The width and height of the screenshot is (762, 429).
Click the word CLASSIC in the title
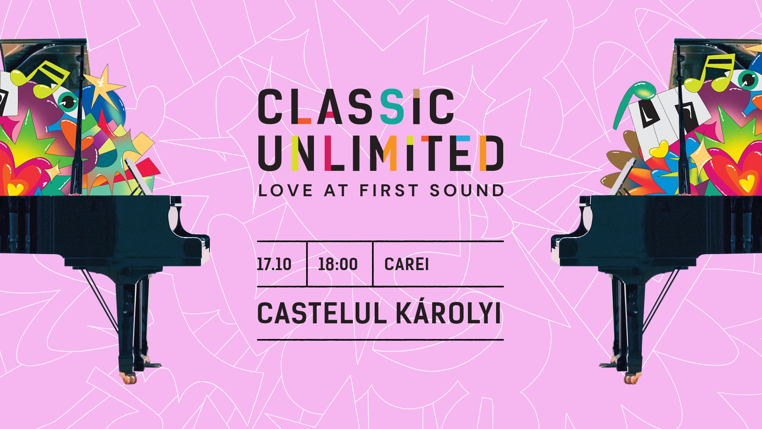pos(356,106)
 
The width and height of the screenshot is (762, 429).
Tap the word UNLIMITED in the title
pos(381,153)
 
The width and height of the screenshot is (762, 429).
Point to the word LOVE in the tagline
pos(285,191)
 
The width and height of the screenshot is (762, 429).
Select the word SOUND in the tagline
pos(467,191)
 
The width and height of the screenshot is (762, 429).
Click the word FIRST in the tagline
pos(389,191)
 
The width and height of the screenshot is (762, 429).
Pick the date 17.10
pos(274,264)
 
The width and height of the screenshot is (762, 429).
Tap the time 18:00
pos(338,264)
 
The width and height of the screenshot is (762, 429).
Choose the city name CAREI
pos(406,264)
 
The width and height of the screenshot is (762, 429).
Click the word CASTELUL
pos(322,313)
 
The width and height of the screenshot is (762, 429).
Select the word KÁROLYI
pos(448,312)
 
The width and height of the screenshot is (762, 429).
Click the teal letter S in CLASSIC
pos(392,106)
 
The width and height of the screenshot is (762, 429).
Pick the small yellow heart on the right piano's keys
pos(659,150)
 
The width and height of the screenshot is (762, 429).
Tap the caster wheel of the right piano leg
pos(632,378)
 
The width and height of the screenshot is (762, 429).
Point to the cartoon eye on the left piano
pos(67,101)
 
